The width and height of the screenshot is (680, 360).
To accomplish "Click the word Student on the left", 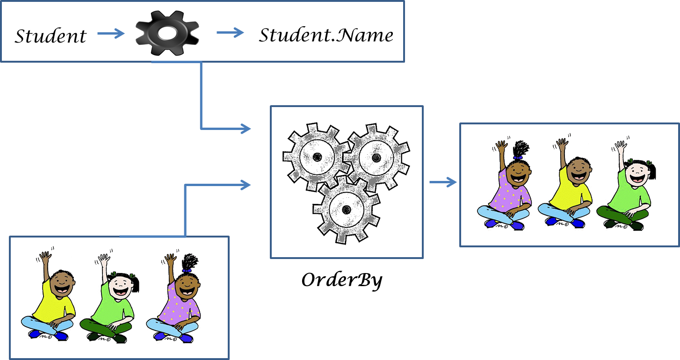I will pos(51,36).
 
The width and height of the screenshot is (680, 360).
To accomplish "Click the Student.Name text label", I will pos(326,35).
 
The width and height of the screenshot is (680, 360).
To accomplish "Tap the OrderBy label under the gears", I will pos(342,280).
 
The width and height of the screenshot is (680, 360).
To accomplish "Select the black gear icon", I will pos(167,33).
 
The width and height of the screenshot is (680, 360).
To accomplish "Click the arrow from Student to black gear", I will pos(111,33).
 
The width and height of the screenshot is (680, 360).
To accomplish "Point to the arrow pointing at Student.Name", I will pos(230,33).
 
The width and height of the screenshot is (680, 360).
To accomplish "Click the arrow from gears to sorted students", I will pos(443,182).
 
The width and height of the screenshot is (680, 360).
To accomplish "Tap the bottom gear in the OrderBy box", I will pos(346,208).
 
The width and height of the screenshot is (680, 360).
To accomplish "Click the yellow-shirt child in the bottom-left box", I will pos(50,297).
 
